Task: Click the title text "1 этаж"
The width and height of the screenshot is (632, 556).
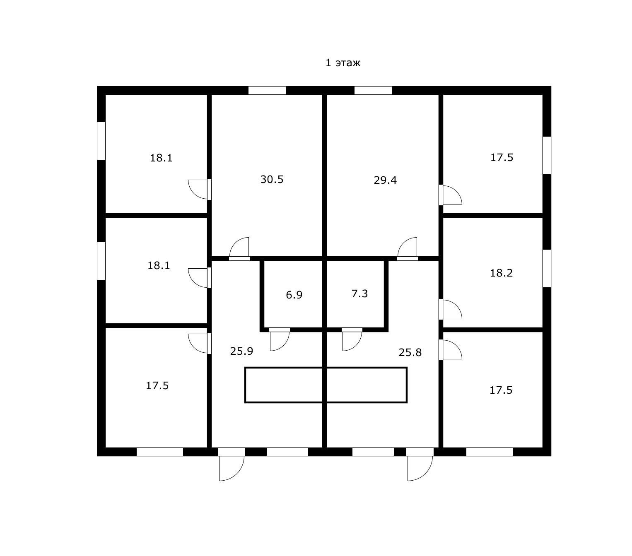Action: coord(343,63)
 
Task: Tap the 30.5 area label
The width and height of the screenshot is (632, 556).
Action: coord(272,179)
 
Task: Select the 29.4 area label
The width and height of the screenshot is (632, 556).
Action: coord(385,180)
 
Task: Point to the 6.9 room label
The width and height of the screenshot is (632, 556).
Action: coord(294,295)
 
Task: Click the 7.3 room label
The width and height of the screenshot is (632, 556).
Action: coord(359,294)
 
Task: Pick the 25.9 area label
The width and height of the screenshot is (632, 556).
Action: coord(241,351)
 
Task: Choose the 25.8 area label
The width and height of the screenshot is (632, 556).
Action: coord(410,352)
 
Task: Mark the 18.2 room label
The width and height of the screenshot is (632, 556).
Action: coord(501,273)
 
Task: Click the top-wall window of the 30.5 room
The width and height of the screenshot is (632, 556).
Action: coord(267,90)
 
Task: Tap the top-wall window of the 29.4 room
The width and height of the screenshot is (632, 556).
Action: coord(373,90)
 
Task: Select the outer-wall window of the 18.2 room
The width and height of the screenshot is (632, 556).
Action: coord(547,268)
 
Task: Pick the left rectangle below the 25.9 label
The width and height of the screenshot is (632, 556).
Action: coord(284,385)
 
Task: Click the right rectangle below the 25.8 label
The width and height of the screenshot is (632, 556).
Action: coord(367,385)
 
